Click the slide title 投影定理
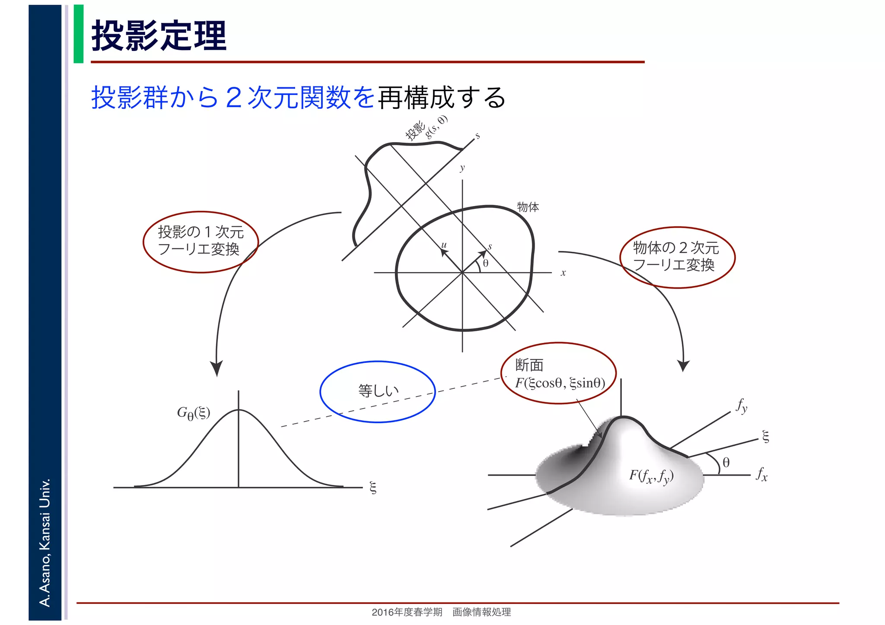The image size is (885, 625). click(x=159, y=36)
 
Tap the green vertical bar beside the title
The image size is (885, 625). click(x=78, y=34)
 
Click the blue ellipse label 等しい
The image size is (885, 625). click(x=378, y=391)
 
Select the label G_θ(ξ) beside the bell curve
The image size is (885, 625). click(x=193, y=413)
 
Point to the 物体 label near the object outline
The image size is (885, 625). click(x=528, y=207)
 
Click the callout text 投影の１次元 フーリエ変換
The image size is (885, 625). click(x=201, y=241)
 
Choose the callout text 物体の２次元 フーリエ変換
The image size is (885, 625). click(x=676, y=257)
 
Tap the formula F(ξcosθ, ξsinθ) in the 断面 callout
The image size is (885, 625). click(x=560, y=383)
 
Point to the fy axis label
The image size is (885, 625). click(x=742, y=406)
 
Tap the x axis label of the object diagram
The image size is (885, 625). click(x=563, y=273)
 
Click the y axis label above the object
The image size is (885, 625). click(x=462, y=168)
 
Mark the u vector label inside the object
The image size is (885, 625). click(x=444, y=245)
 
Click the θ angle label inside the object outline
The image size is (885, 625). click(x=486, y=263)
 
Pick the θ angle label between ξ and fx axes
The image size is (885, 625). click(x=726, y=463)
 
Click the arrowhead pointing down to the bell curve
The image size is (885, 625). click(x=216, y=368)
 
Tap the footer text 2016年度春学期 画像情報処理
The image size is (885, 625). click(x=441, y=612)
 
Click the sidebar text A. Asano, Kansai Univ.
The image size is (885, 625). click(x=45, y=542)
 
